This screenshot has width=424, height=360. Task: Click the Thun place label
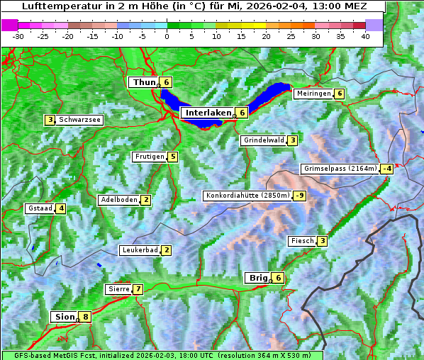[x=144, y=82]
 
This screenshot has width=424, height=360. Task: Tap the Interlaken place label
[x=208, y=113]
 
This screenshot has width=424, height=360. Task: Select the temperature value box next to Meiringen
[x=340, y=94]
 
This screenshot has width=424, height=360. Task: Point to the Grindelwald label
[x=264, y=140]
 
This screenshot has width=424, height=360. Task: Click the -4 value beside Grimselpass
[x=386, y=169]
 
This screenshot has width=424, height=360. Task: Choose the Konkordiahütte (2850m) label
[x=247, y=196]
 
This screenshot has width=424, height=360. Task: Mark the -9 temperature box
[x=300, y=196]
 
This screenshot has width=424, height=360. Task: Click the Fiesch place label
[x=302, y=241]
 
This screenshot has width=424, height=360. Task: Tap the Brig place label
[x=257, y=278]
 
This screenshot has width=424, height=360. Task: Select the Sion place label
[x=63, y=317]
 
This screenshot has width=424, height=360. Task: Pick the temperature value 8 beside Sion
[x=86, y=317]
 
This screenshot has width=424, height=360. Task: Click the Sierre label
[x=118, y=289]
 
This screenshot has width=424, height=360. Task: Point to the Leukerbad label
[x=138, y=250]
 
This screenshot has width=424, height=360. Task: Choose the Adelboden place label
[x=118, y=200]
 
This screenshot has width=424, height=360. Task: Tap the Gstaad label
[x=40, y=208]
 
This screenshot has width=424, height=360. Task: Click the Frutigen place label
[x=150, y=157]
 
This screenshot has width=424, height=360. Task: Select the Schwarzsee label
[x=80, y=120]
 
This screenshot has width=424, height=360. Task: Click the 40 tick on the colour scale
[x=365, y=35]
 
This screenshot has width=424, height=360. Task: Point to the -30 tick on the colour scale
[x=18, y=35]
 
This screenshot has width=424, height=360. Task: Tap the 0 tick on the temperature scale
[x=167, y=35]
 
